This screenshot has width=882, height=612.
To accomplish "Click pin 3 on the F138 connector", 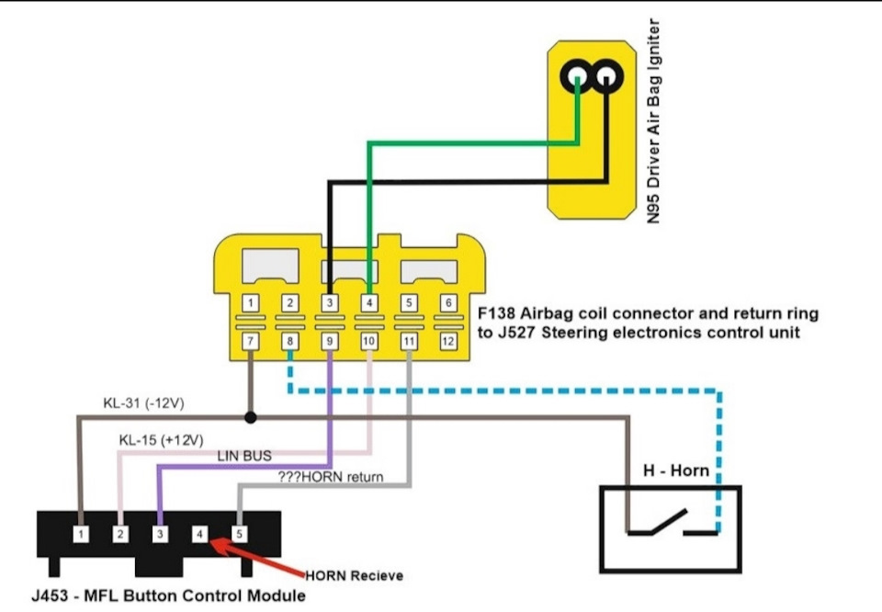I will pyautogui.click(x=330, y=302).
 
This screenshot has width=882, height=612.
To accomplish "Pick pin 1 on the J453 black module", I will pyautogui.click(x=83, y=533).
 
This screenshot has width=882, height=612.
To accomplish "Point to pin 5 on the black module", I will pyautogui.click(x=240, y=533).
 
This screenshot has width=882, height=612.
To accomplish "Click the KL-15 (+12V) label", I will pyautogui.click(x=161, y=439).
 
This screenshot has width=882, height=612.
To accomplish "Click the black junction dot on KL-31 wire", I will pyautogui.click(x=250, y=417).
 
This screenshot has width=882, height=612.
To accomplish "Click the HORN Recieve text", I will pyautogui.click(x=354, y=576).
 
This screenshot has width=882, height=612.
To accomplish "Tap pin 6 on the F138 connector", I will pyautogui.click(x=448, y=302).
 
